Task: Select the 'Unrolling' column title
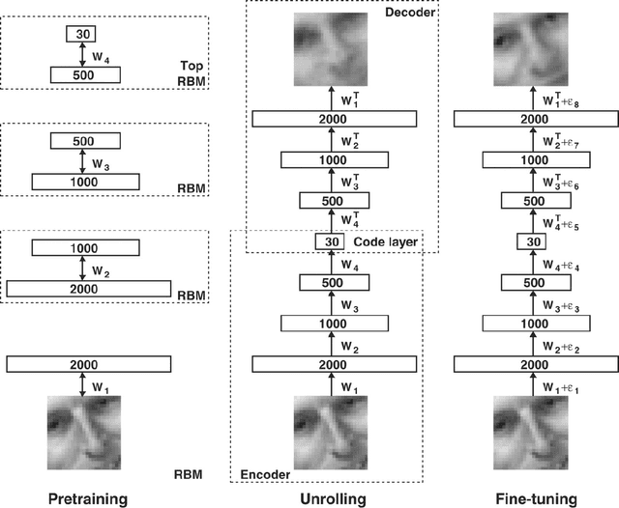(x=334, y=497)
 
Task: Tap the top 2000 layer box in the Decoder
(x=334, y=118)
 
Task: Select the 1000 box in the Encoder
(x=334, y=323)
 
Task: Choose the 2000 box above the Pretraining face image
(x=89, y=363)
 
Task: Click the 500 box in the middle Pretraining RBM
(x=83, y=141)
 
